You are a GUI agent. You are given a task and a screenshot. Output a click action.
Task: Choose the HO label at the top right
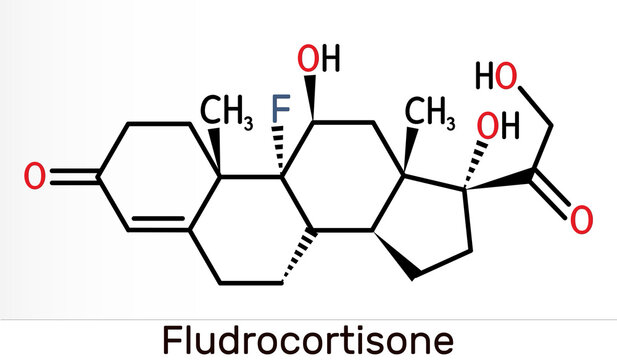click(500, 77)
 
